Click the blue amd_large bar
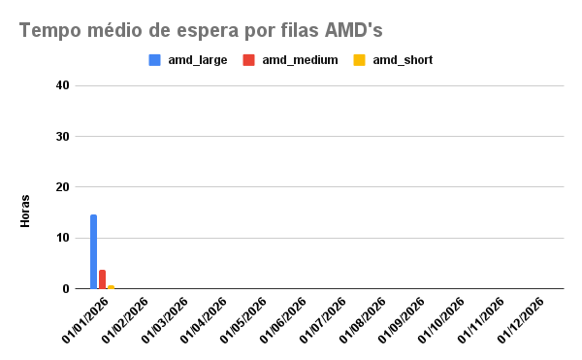(x=93, y=251)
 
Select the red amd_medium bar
(x=102, y=278)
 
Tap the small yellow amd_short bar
(x=111, y=286)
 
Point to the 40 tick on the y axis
(x=62, y=85)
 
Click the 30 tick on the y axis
(x=62, y=137)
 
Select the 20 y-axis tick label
(x=62, y=187)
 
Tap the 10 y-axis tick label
(x=62, y=238)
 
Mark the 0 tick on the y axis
(x=66, y=288)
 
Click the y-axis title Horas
(x=25, y=213)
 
